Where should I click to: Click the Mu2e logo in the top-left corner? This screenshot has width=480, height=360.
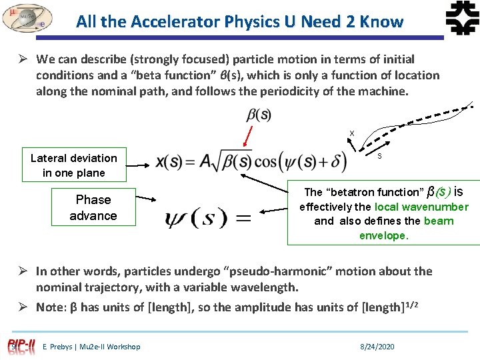click(x=27, y=18)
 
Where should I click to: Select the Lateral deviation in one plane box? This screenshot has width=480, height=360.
click(x=74, y=165)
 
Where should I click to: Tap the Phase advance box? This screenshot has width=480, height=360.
click(x=93, y=207)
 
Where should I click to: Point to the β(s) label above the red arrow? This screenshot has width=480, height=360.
click(x=259, y=115)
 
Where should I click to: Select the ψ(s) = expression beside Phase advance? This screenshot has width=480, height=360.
click(x=200, y=218)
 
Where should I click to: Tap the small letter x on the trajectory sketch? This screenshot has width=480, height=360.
click(x=352, y=133)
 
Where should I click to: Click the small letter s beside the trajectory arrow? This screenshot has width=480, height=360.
click(x=379, y=157)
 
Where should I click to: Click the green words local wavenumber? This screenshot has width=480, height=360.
click(x=421, y=207)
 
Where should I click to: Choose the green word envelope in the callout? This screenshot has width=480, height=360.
click(x=383, y=235)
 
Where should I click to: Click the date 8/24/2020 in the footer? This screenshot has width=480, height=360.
click(x=377, y=347)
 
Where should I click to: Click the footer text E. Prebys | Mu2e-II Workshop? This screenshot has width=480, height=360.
click(x=91, y=347)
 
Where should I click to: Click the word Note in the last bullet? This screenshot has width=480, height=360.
click(x=50, y=307)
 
